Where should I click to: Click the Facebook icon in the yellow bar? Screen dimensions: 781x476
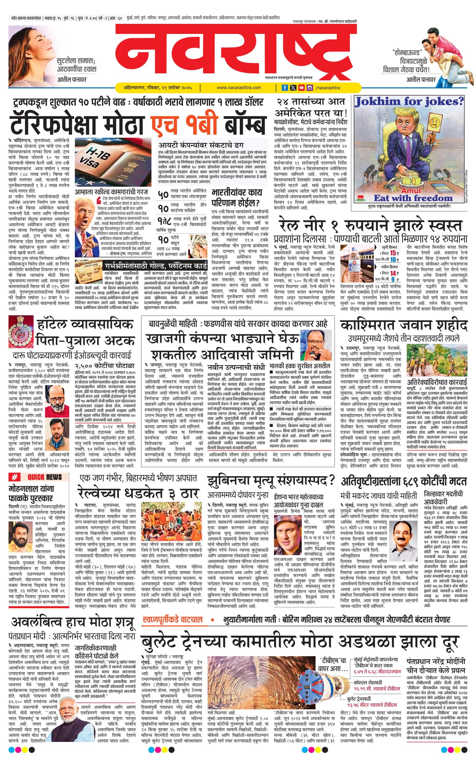pos(285,88)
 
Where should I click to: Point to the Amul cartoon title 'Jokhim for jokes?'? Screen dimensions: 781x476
pos(409,102)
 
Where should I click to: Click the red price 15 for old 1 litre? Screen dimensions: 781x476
pos(392,253)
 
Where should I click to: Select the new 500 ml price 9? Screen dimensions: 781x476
pos(393,279)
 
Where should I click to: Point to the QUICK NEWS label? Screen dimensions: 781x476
pos(44,477)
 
